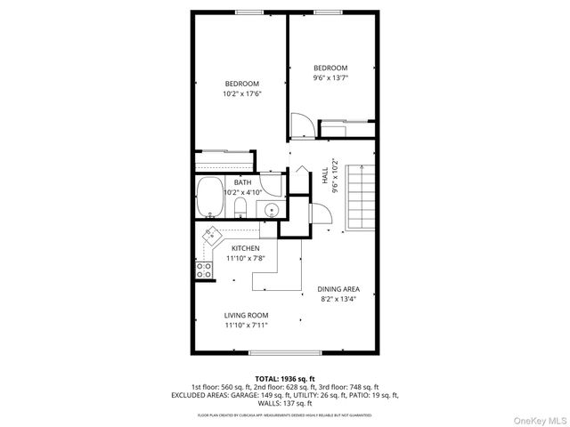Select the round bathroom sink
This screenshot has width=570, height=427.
coord(271,210)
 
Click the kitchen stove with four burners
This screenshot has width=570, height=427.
coord(205,270)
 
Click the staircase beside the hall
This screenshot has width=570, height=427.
coord(362,197)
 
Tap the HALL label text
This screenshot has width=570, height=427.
coord(324,177)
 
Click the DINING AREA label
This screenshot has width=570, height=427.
coord(339,289)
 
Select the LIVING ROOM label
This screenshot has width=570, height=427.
coord(246,315)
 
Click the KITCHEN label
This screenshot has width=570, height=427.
coord(246,248)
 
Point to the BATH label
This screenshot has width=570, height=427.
coord(243,182)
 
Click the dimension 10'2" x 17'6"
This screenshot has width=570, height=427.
coord(240,94)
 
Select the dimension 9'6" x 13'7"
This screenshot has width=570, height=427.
coord(330,78)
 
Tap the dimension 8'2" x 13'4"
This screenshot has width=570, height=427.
coord(339,299)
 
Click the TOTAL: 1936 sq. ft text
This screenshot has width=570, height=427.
coord(285,378)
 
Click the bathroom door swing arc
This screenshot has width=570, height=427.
coord(317,214)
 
